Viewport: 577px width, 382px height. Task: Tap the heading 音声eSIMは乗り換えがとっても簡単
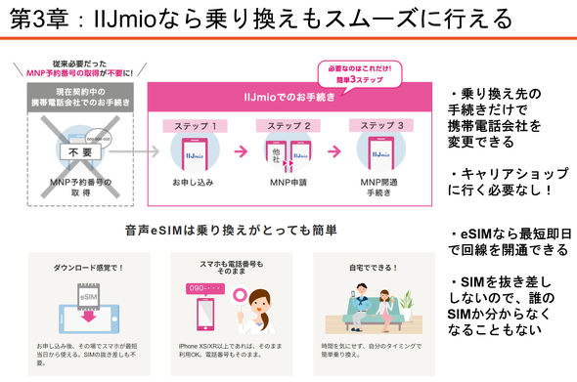[x=231, y=232]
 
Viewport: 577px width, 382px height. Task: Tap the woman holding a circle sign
[x=256, y=309]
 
